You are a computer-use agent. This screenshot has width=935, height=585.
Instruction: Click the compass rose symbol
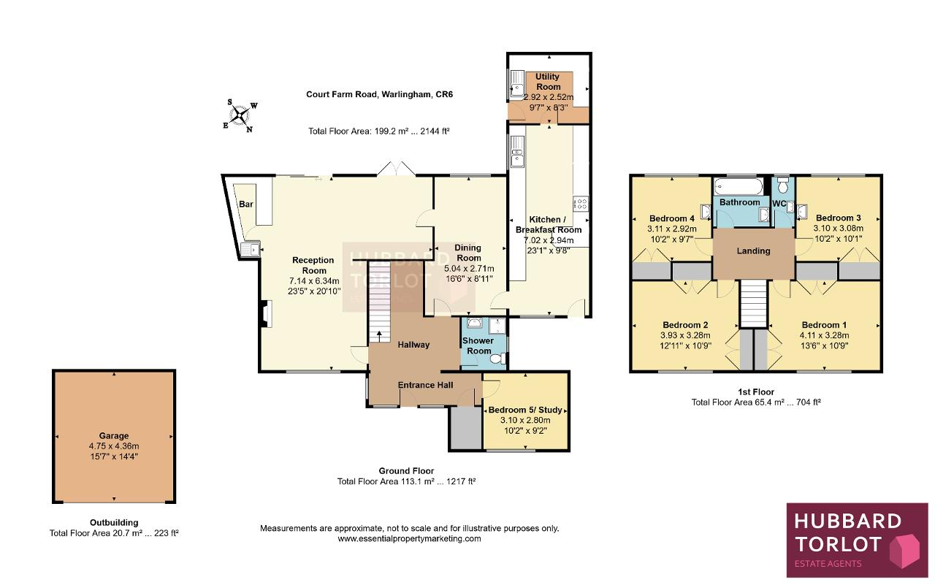click(240, 115)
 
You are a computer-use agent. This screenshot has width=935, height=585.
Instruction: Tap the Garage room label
click(113, 435)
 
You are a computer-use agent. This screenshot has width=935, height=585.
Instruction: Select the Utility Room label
click(548, 81)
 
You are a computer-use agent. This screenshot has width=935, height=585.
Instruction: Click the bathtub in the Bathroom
click(739, 186)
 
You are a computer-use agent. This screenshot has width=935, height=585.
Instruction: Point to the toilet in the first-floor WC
click(783, 185)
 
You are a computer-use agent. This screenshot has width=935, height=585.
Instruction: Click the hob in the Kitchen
click(581, 204)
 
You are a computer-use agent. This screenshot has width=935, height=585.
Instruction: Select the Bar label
click(246, 204)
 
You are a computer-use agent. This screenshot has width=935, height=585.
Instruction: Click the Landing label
click(753, 251)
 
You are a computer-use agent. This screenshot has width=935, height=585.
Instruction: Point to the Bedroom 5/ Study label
click(525, 410)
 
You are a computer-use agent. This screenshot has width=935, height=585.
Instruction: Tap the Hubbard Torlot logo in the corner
click(857, 540)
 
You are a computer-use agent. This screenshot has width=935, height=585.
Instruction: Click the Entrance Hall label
click(425, 385)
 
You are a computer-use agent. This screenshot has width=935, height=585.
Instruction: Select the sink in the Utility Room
click(517, 84)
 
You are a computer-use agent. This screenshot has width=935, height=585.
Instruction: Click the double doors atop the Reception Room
click(396, 168)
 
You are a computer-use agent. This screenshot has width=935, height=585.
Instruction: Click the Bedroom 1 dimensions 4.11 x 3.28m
click(824, 335)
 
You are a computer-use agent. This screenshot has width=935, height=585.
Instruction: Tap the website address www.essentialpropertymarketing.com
click(409, 539)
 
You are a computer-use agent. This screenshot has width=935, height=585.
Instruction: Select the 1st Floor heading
click(756, 391)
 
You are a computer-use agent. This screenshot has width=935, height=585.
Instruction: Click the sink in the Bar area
click(251, 249)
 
